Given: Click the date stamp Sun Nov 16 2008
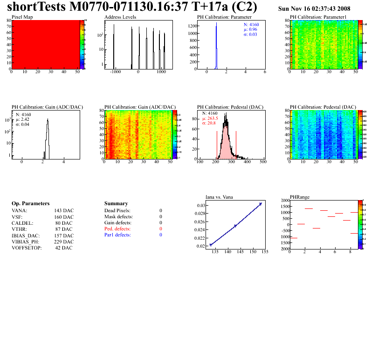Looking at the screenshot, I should pyautogui.click(x=314, y=9).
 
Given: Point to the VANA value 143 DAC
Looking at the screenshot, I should pyautogui.click(x=64, y=211).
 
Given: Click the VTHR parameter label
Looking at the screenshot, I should pyautogui.click(x=19, y=229).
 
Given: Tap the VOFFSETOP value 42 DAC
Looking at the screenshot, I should pyautogui.click(x=64, y=248).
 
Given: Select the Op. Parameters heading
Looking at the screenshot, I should pyautogui.click(x=30, y=204).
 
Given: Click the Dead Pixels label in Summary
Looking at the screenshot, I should pyautogui.click(x=117, y=211).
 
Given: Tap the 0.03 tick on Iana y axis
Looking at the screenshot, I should pyautogui.click(x=200, y=206).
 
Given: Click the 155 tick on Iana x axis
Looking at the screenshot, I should pyautogui.click(x=264, y=252).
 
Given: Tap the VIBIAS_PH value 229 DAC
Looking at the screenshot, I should pyautogui.click(x=64, y=242).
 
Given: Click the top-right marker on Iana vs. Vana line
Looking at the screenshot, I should pyautogui.click(x=261, y=204).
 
